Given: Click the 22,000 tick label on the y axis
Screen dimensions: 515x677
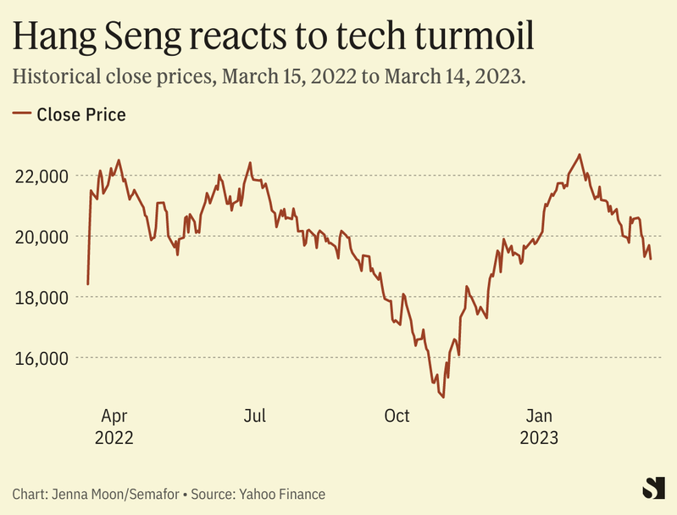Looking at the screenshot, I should tap(41, 176).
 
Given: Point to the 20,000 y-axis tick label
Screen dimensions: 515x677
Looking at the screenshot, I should tap(41, 236).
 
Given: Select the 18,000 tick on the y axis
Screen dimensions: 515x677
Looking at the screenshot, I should tap(41, 297).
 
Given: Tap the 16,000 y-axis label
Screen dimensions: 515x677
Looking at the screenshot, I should tap(41, 358).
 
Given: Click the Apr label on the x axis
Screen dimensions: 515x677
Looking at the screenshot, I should tap(114, 416).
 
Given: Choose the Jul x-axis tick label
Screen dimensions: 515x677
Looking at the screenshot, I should tap(254, 416).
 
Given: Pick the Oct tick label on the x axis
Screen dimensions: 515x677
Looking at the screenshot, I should tap(397, 416).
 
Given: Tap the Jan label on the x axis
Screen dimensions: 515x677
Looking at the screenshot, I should tap(539, 416).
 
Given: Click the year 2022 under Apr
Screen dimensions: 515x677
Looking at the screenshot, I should tap(114, 438).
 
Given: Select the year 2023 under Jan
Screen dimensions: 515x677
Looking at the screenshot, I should tap(539, 438).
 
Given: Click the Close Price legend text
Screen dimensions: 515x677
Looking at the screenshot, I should tap(81, 115).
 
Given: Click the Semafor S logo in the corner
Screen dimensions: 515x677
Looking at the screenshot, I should tap(651, 488).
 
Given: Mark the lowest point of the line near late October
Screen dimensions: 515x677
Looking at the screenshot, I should tap(443, 397).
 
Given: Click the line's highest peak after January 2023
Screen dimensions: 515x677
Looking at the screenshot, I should tap(580, 154).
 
